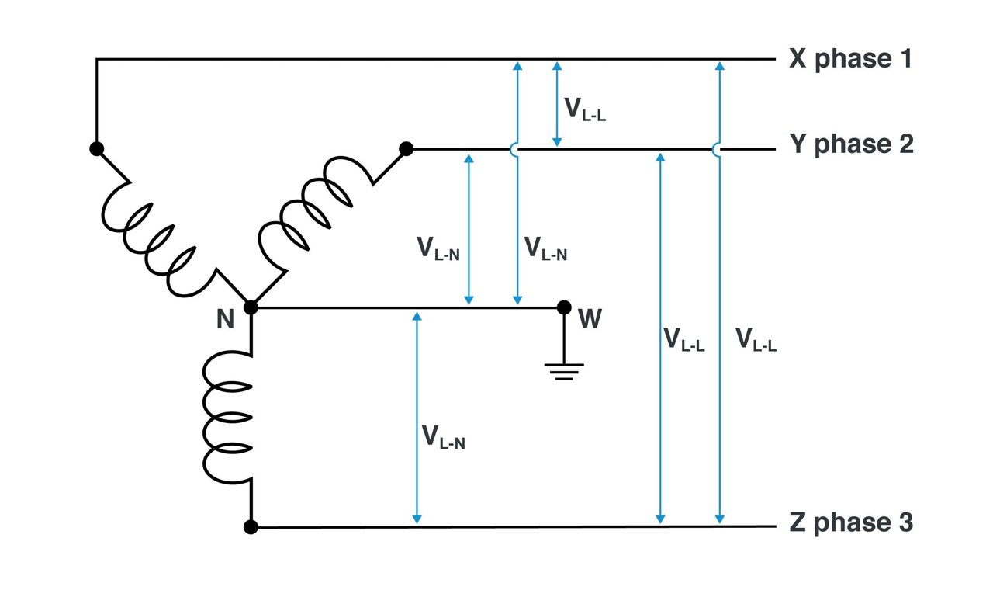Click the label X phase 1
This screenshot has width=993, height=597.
(850, 59)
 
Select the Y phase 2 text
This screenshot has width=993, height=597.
(851, 145)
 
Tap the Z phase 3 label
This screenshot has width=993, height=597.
(851, 523)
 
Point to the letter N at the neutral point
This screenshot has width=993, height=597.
(225, 319)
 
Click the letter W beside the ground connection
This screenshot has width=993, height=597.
(590, 319)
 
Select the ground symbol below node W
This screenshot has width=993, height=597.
(565, 370)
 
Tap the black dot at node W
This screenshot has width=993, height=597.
(565, 307)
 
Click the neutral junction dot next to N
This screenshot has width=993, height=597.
(251, 307)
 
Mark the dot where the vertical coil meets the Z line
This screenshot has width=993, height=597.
(251, 527)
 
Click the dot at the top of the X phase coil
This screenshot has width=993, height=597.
(96, 149)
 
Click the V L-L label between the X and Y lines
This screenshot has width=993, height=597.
(584, 109)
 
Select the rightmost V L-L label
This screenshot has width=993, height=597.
(756, 339)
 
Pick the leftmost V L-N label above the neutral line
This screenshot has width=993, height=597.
(439, 248)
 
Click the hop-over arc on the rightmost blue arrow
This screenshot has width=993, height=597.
(718, 148)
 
